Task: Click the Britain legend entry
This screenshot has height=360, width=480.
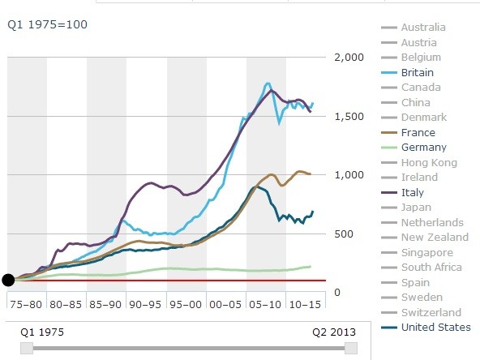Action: point(418,72)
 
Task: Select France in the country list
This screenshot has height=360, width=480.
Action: point(418,132)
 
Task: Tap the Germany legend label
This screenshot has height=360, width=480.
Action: point(423,148)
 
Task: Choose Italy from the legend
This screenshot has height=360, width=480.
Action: point(413,192)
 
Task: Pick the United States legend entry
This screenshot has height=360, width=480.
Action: point(435,327)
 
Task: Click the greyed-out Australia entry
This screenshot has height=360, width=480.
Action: point(423,28)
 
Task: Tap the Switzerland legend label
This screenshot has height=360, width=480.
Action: point(431,312)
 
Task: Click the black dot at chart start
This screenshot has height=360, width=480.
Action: point(8,281)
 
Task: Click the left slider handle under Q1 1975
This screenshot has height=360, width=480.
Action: point(27,348)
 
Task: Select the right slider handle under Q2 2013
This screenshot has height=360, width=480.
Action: point(350,348)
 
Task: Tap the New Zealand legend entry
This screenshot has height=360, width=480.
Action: point(435,237)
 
